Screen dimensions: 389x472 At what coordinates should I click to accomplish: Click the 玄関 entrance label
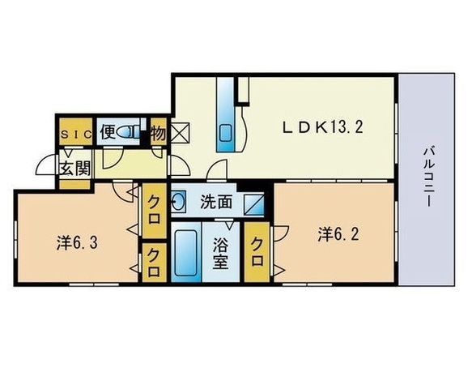click(x=74, y=169)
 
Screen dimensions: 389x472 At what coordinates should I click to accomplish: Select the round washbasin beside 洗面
click(x=179, y=199)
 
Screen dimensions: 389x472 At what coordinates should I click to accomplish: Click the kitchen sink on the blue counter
click(x=224, y=130)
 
